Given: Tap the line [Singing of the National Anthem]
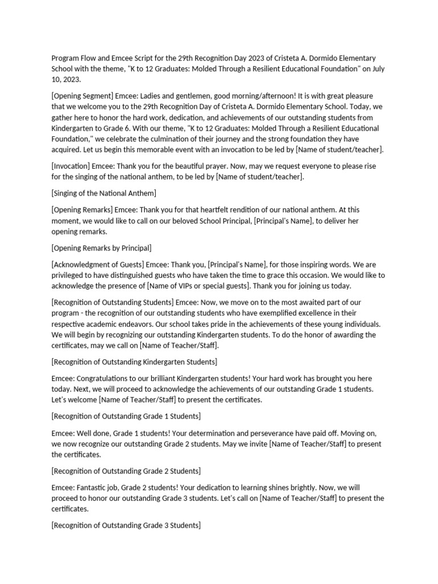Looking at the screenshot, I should pyautogui.click(x=104, y=193).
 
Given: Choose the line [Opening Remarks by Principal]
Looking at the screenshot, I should pyautogui.click(x=102, y=248).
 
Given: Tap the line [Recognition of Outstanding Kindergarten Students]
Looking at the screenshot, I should pyautogui.click(x=134, y=362).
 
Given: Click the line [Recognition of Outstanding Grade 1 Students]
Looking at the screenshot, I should pyautogui.click(x=126, y=416).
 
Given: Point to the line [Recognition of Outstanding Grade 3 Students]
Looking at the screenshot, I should pyautogui.click(x=126, y=525).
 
